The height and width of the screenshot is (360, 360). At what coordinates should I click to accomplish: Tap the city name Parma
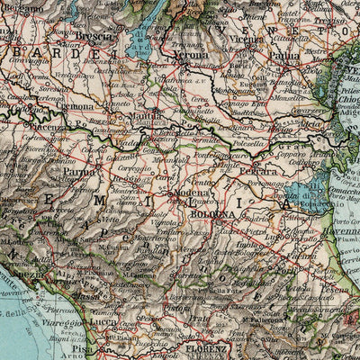[x=79, y=172]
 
